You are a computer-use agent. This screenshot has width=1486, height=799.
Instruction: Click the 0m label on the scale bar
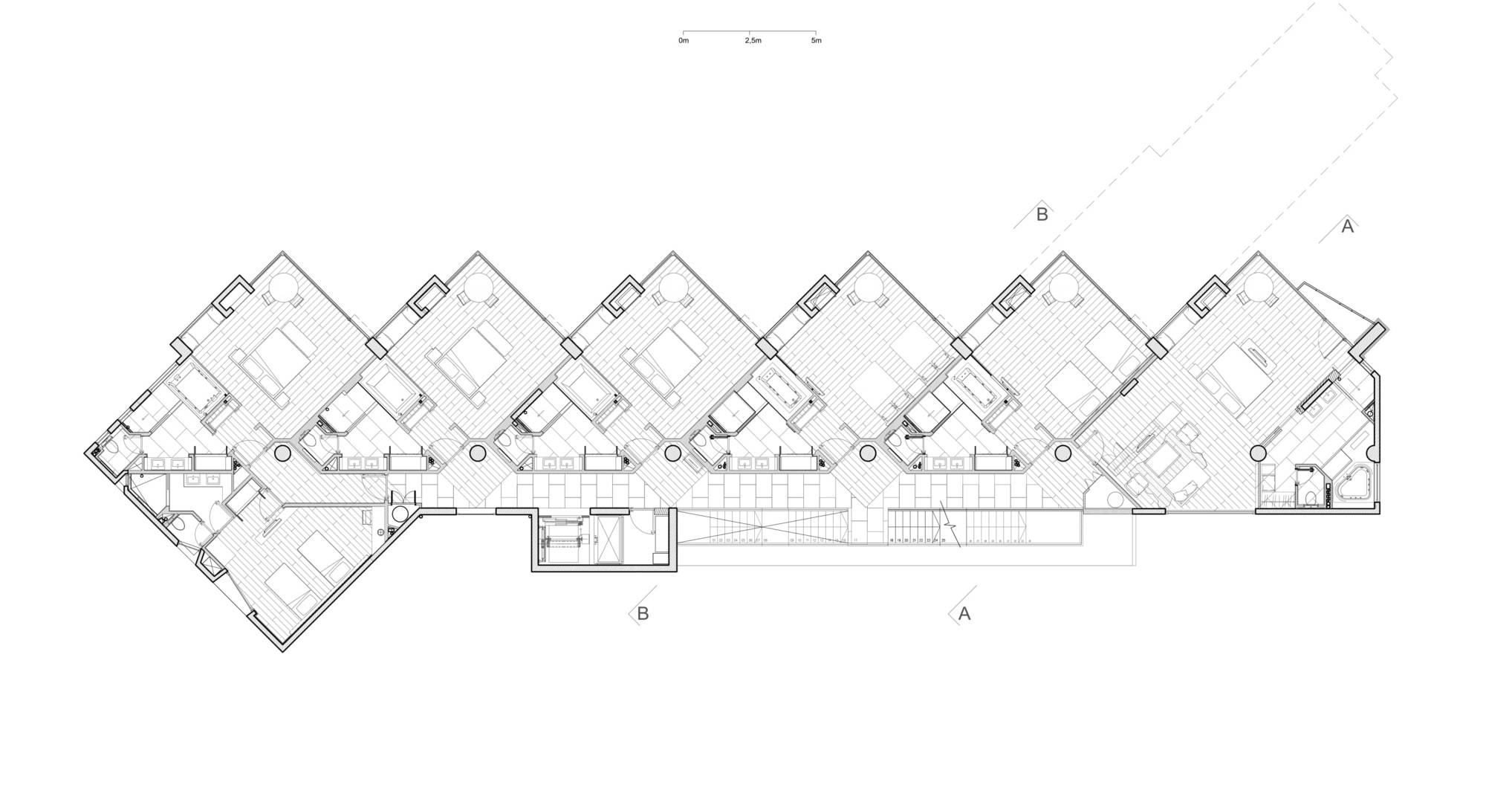tap(683, 41)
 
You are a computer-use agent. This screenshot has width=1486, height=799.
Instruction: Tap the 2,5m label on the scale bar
tap(753, 41)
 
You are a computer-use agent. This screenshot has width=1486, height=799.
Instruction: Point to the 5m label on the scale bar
tap(816, 41)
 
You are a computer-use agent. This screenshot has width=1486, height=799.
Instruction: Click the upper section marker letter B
tap(1042, 215)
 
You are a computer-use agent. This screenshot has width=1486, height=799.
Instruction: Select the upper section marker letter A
tap(1347, 227)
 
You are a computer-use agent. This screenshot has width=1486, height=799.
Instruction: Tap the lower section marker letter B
tap(643, 614)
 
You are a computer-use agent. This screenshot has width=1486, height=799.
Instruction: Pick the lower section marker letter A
tap(964, 614)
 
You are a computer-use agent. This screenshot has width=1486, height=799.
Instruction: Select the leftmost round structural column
tap(283, 453)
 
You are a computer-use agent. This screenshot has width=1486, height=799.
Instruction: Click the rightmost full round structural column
tap(1258, 453)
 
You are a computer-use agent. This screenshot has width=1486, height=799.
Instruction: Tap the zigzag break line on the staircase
tap(951, 525)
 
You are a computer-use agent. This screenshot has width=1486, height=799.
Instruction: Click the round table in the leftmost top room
tap(282, 287)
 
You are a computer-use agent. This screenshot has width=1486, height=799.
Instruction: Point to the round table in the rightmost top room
tap(1259, 287)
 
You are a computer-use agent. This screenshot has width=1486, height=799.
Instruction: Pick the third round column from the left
tap(673, 453)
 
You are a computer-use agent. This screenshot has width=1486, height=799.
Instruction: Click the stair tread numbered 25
tap(943, 540)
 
